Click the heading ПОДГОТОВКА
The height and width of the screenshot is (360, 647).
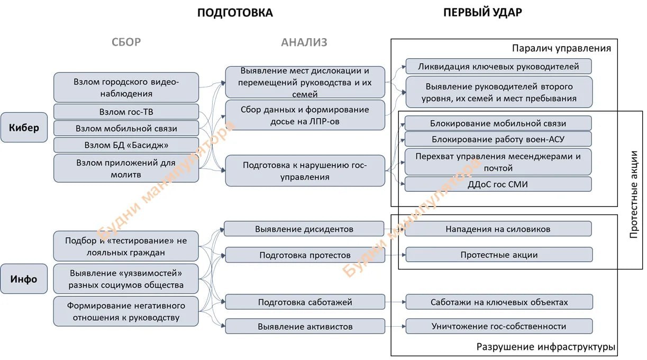pyautogui.click(x=235, y=13)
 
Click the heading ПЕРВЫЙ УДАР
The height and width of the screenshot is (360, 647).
pyautogui.click(x=482, y=13)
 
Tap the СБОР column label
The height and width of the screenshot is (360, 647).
pyautogui.click(x=126, y=42)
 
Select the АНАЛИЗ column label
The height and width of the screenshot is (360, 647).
pyautogui.click(x=304, y=42)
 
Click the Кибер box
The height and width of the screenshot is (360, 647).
pyautogui.click(x=24, y=128)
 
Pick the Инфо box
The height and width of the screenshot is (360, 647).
pyautogui.click(x=24, y=278)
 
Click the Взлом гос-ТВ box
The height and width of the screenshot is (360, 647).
pyautogui.click(x=126, y=112)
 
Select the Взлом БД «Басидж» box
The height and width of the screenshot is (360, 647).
pyautogui.click(x=126, y=145)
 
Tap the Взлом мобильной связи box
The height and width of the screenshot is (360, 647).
pyautogui.click(x=126, y=128)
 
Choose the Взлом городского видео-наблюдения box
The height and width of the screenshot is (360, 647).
pyautogui.click(x=126, y=87)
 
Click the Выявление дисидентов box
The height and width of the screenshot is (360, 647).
pyautogui.click(x=304, y=229)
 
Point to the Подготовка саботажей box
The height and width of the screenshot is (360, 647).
pyautogui.click(x=305, y=302)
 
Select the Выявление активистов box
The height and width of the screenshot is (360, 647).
pyautogui.click(x=305, y=326)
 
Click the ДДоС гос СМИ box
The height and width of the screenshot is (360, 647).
pyautogui.click(x=498, y=184)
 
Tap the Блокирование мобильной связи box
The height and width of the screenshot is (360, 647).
pyautogui.click(x=498, y=123)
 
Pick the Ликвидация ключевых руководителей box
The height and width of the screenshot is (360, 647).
pyautogui.click(x=498, y=66)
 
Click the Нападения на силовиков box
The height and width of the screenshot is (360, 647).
pyautogui.click(x=498, y=229)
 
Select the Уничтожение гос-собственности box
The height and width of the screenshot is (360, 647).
pyautogui.click(x=498, y=326)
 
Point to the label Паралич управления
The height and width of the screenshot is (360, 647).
pyautogui.click(x=561, y=48)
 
